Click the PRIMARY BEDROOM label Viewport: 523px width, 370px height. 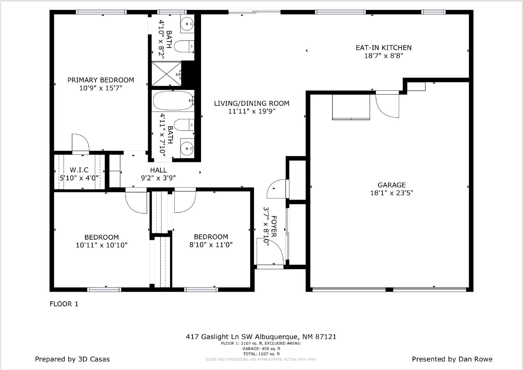coord(101,80)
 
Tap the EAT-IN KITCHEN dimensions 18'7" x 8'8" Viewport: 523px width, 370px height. coord(383,56)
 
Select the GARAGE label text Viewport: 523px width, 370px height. coord(392,185)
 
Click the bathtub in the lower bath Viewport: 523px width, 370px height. coord(173,101)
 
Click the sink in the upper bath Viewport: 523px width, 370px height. coord(187,24)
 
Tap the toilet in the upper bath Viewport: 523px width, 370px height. coord(183,46)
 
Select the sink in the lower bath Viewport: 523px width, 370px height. coord(187,149)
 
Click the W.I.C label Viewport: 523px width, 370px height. coord(79,170)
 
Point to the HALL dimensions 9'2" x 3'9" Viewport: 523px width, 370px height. coord(158,178)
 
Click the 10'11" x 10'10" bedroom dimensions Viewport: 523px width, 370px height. coord(102,245)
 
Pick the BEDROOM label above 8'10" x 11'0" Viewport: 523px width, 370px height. coord(211,237)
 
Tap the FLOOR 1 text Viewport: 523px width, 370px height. coord(64,304)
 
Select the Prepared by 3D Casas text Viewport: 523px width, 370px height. coord(72,359)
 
